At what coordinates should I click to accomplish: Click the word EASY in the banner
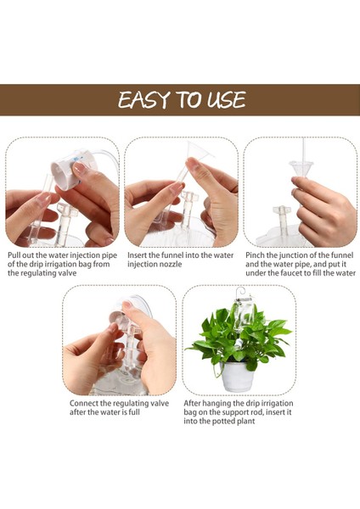click(144, 99)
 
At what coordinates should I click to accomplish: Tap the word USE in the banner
click(227, 99)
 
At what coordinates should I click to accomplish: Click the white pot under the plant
click(238, 376)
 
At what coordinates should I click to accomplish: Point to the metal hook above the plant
click(241, 293)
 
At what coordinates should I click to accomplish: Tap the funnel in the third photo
click(301, 169)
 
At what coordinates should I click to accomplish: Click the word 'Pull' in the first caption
click(14, 255)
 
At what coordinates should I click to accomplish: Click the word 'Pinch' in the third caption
click(255, 255)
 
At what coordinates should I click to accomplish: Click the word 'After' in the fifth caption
click(192, 404)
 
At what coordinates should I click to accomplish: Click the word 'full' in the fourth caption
click(134, 412)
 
